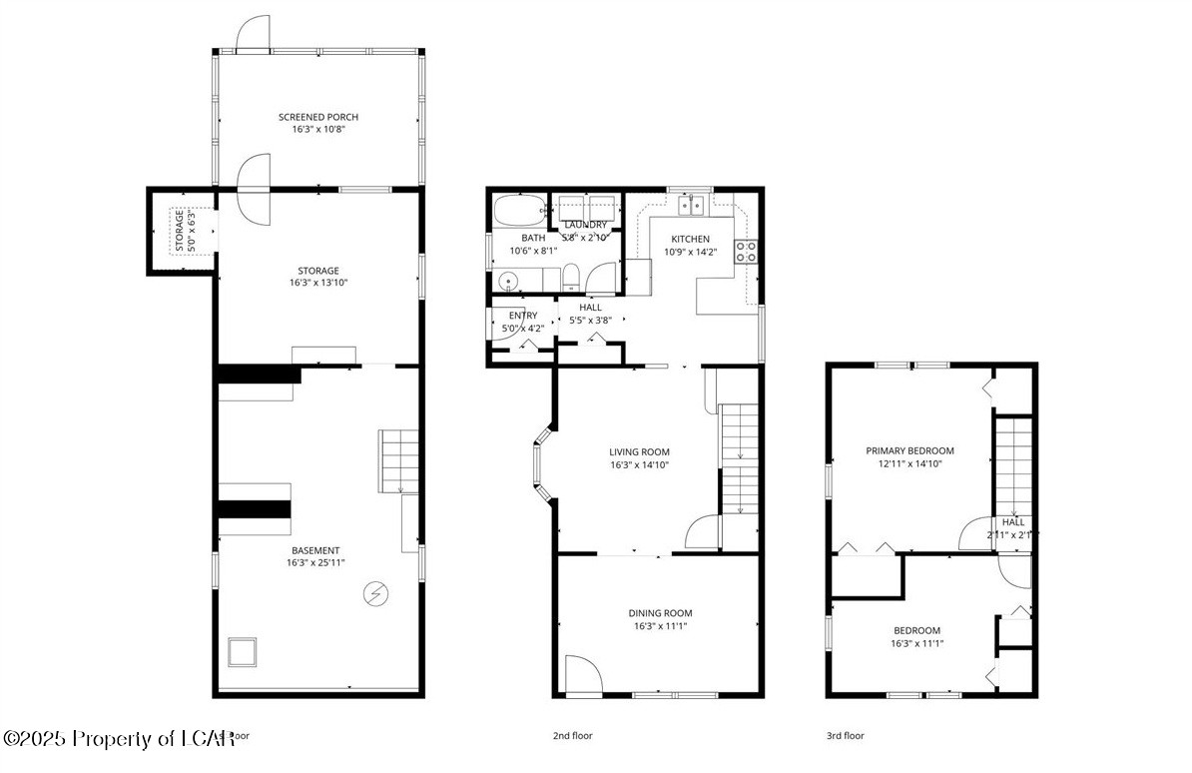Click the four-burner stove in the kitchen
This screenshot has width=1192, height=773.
click(746, 252)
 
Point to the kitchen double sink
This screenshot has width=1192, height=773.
click(690, 207)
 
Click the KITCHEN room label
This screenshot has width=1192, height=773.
click(690, 239)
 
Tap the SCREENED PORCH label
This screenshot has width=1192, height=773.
click(317, 117)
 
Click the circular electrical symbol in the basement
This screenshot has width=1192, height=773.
click(375, 593)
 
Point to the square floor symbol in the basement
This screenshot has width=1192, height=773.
click(243, 653)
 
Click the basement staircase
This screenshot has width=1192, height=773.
click(398, 460)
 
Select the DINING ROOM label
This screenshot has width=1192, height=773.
click(660, 613)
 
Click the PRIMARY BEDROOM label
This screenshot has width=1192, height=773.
click(909, 450)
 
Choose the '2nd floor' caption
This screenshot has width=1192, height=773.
click(573, 736)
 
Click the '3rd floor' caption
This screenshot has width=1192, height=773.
click(845, 736)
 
